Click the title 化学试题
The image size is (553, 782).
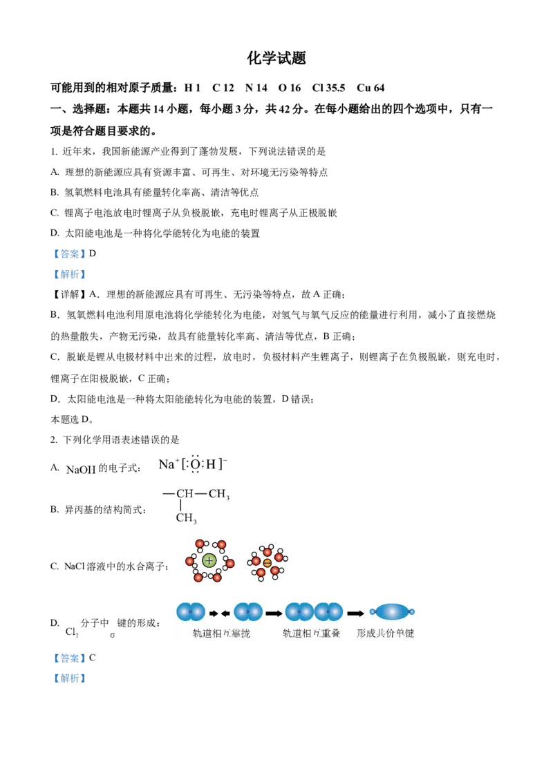click(276, 58)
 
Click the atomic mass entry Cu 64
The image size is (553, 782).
click(371, 88)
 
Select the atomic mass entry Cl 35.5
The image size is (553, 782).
click(328, 88)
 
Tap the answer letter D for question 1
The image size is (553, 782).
click(93, 254)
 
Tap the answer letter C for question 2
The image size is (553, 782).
click(93, 658)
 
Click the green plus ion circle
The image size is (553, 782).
click(209, 560)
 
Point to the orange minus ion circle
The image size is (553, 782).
click(267, 563)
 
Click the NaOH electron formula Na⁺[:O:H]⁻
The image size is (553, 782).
click(193, 464)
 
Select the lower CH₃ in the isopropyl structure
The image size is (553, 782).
click(186, 518)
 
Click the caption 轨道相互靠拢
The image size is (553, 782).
click(221, 633)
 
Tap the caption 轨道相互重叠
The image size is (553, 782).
click(312, 633)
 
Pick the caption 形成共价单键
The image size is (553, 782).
click(385, 633)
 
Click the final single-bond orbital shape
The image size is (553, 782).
click(392, 611)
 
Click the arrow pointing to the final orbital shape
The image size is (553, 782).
click(355, 613)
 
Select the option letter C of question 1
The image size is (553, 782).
click(55, 213)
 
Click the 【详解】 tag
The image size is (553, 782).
click(69, 294)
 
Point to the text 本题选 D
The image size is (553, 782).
click(71, 419)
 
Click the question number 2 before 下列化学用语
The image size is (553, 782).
click(53, 440)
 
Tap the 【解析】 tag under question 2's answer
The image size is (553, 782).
click(69, 678)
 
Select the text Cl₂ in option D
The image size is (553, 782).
click(72, 632)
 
